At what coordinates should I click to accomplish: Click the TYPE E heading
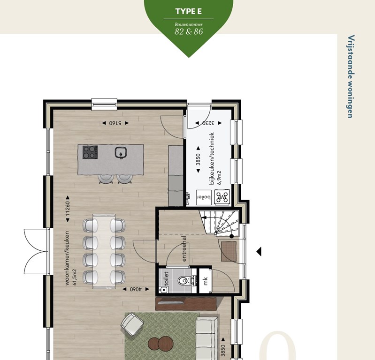coord(189,11)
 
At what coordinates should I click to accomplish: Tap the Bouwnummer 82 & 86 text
coord(189,29)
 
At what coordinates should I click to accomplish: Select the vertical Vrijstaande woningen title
coord(351,76)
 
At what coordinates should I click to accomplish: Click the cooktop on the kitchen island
coord(90,152)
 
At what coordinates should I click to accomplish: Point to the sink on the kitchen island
coord(121,153)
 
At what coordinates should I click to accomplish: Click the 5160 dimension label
coord(115,123)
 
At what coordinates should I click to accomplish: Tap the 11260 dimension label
coord(68,209)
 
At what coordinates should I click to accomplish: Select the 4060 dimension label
coord(136,289)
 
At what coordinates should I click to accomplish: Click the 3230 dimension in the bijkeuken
coord(208,123)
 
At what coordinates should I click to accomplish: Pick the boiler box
coord(204,197)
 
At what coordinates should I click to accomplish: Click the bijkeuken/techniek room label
coord(211,158)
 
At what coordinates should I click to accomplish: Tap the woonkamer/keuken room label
coord(67,258)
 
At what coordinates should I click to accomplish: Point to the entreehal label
coord(184,249)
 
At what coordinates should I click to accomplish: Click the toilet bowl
coord(184,280)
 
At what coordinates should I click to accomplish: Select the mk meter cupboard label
coord(206,281)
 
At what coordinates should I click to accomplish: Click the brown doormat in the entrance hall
coord(229,251)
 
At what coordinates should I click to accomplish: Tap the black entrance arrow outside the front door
coord(259,252)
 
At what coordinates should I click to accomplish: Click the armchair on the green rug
coord(132,324)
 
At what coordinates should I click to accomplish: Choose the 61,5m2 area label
coord(75,277)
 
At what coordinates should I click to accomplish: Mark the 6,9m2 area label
coord(219,178)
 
